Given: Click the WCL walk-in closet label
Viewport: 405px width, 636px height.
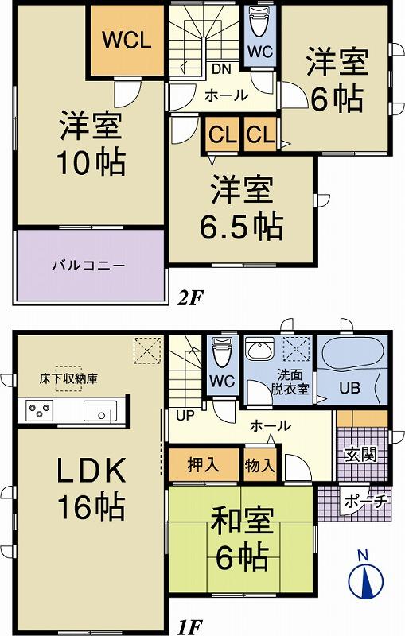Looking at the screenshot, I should (126, 41).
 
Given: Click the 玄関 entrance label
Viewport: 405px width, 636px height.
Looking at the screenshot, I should (356, 454).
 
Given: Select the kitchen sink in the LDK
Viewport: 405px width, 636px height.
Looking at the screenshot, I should (99, 412).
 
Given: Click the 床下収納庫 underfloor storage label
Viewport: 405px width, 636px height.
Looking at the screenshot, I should (71, 377).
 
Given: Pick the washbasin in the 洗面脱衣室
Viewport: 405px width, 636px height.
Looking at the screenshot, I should (259, 349).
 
